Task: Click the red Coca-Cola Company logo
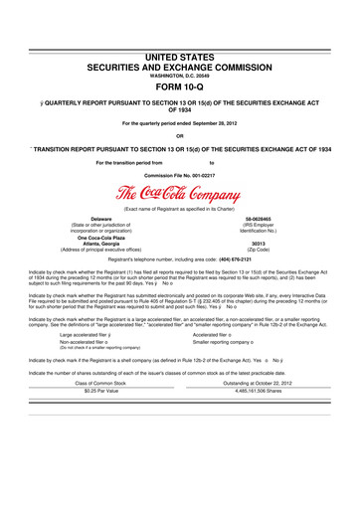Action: click(179, 194)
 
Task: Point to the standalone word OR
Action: click(179, 136)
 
